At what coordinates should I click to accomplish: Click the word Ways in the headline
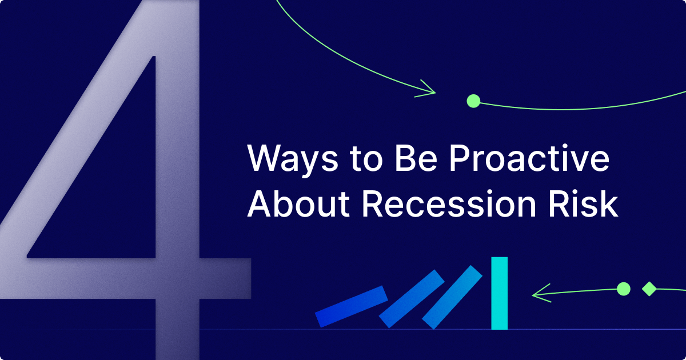click(293, 160)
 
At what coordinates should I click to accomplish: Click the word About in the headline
click(298, 203)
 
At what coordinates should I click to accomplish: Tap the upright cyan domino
click(499, 293)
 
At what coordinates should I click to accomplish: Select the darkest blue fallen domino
click(351, 306)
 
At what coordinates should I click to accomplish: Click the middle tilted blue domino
click(412, 299)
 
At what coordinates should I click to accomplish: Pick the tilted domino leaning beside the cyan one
click(452, 297)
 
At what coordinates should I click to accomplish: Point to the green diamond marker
click(649, 289)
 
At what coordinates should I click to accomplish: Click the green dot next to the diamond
click(624, 289)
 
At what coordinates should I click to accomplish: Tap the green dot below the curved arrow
click(473, 101)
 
